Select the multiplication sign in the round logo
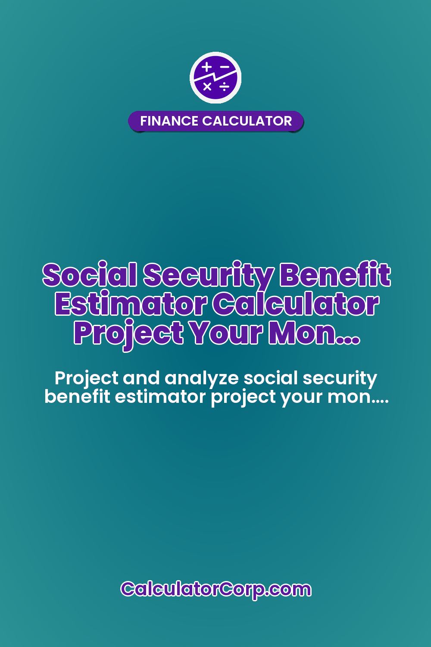207,87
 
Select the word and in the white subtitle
142,378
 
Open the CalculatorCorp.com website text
215,589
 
